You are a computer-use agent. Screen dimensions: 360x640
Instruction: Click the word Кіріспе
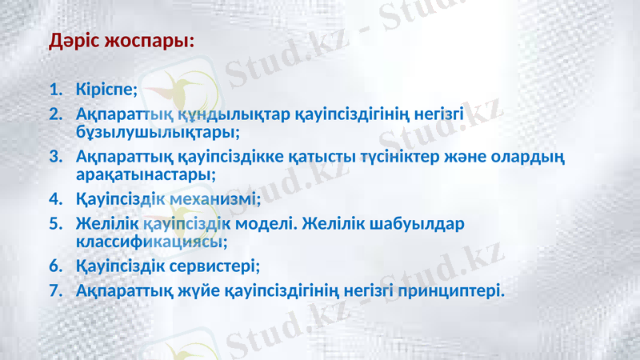107,87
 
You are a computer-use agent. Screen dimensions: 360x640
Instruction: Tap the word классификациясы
151,239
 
